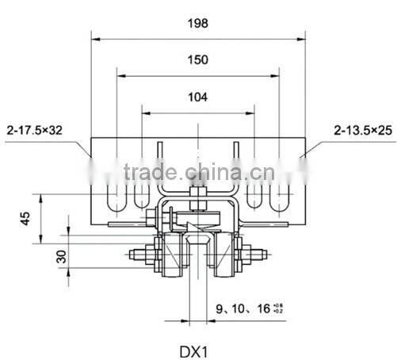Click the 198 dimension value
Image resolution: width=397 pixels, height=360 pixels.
[198, 24]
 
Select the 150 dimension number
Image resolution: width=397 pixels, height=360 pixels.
[198, 61]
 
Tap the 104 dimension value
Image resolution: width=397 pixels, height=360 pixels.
[198, 97]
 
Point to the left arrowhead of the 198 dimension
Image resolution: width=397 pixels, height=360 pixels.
[96, 37]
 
